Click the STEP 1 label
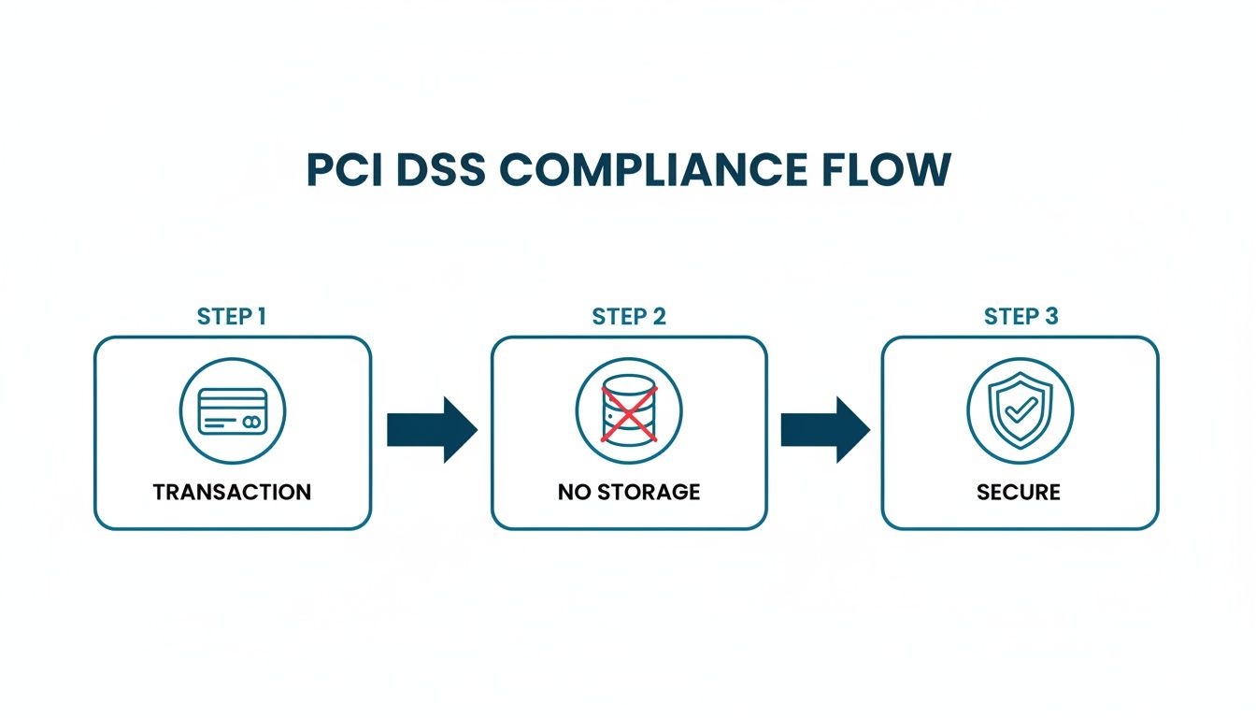pos(232,316)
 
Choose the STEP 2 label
pos(629,316)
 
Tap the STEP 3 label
pos(1020,316)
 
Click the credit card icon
pos(233,411)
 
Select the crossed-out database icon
pos(629,411)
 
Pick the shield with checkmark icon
pos(1020,411)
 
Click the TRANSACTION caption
pos(232,492)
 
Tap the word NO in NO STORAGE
pos(573,492)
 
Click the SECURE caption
pos(1019,492)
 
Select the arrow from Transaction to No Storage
pos(433,429)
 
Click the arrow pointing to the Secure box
pos(825,429)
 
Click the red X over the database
pos(629,413)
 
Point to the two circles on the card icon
pos(250,423)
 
